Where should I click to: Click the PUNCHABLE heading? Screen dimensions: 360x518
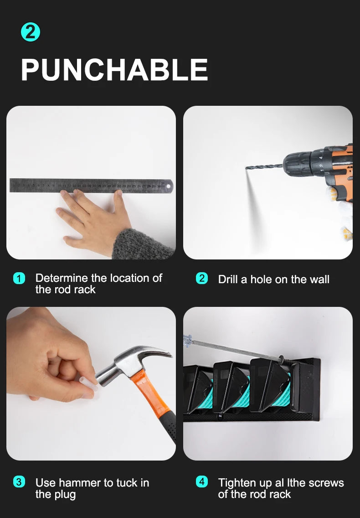(x=114, y=69)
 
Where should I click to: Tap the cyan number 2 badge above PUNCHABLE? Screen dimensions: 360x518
(x=31, y=32)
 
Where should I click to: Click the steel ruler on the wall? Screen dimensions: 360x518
(x=91, y=185)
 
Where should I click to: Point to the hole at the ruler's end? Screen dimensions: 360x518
(x=169, y=186)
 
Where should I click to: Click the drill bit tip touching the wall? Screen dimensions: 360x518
(x=247, y=168)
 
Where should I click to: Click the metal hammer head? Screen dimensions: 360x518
(x=132, y=364)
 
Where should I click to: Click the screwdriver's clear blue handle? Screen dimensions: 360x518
(x=188, y=340)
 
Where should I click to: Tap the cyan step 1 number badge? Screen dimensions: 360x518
(x=19, y=278)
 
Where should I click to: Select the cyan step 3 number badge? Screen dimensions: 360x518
(x=19, y=482)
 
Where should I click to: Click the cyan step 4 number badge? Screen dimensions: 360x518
(x=202, y=482)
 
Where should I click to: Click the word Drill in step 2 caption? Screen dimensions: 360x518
(x=228, y=279)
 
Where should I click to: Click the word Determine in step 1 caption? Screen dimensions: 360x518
(x=62, y=278)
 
